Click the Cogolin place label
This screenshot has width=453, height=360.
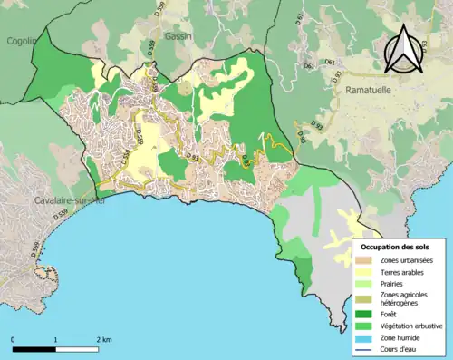click(x=17, y=40)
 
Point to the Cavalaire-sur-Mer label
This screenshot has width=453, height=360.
click(x=66, y=199)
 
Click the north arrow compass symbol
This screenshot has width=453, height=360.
click(x=406, y=49)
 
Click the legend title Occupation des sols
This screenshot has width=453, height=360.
click(x=395, y=247)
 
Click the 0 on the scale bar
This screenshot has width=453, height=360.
click(x=13, y=340)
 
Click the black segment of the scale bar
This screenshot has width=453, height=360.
click(x=34, y=349)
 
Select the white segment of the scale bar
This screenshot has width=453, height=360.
click(x=78, y=349)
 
